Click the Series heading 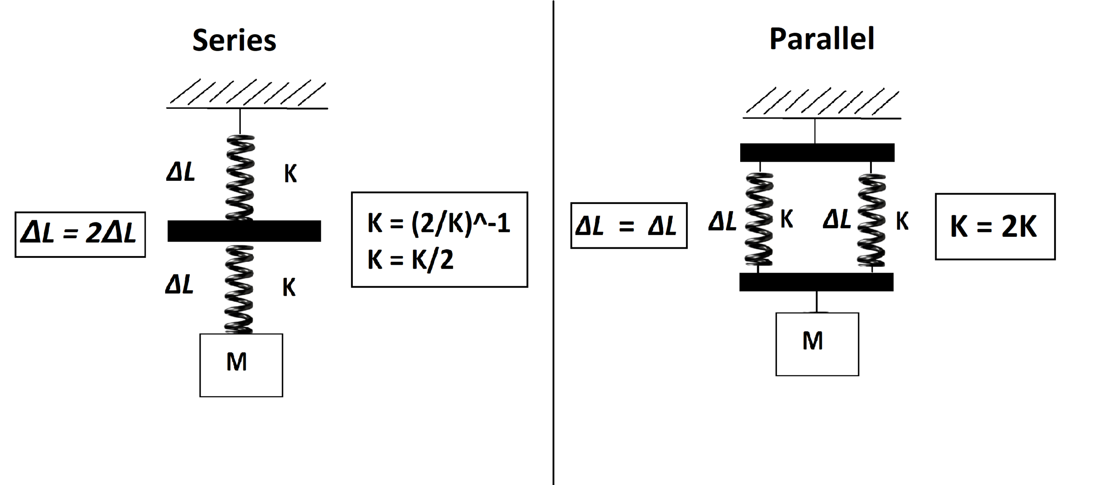point(234,40)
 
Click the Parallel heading point(821,39)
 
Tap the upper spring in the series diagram point(240,177)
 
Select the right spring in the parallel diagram point(872,220)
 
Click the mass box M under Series point(241,365)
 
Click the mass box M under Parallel point(817,344)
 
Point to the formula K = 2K point(995,227)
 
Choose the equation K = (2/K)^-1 point(439,223)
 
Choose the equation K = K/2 point(411,260)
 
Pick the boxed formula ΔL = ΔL point(629,226)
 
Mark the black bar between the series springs point(244,231)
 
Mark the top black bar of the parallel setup point(817,152)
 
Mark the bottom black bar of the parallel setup point(816,282)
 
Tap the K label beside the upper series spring point(290,174)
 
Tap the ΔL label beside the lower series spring point(179,284)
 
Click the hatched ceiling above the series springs point(247,94)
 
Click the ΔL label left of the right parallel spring point(837,219)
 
